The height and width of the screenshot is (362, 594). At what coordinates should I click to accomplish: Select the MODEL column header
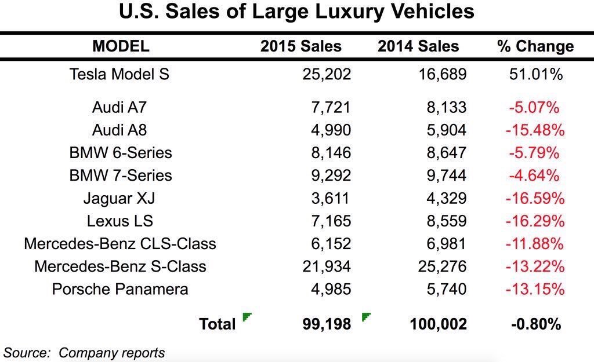click(x=121, y=46)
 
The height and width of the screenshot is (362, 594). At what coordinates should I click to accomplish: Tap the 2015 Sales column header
click(x=301, y=47)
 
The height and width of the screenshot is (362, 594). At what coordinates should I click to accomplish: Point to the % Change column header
click(x=535, y=47)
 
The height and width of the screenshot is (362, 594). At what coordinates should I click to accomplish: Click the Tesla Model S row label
click(x=119, y=74)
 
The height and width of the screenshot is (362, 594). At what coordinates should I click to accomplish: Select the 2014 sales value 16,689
click(x=439, y=74)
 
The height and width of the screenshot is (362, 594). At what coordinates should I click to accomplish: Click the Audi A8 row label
click(x=120, y=130)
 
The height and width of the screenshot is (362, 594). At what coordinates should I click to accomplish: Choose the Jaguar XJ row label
click(x=119, y=198)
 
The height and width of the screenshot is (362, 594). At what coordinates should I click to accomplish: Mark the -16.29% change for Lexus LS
click(x=535, y=221)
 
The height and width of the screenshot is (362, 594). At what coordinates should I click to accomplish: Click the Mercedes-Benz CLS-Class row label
click(x=120, y=243)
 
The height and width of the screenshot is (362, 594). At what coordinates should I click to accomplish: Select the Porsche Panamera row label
click(x=120, y=289)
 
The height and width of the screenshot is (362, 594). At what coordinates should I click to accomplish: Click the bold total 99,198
click(x=327, y=324)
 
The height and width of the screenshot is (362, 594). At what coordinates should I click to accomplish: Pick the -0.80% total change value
click(x=535, y=324)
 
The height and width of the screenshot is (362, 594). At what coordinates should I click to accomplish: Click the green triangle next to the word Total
click(x=247, y=317)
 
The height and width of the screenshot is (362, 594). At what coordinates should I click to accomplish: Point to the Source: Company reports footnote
click(x=84, y=352)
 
